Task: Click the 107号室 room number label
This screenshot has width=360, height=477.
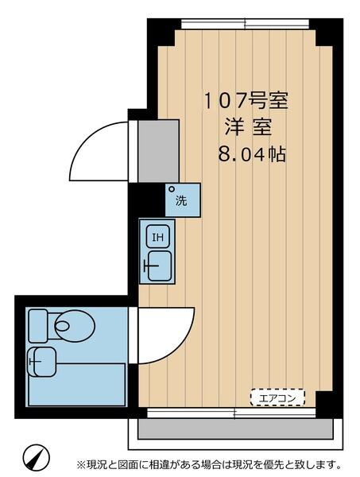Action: click(x=245, y=101)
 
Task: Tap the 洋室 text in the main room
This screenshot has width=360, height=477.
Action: click(x=248, y=127)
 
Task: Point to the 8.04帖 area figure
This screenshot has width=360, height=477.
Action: click(x=252, y=154)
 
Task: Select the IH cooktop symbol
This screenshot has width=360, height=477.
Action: click(x=158, y=236)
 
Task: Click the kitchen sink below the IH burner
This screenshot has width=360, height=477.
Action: click(x=159, y=266)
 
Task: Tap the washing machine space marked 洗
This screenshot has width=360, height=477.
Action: click(x=183, y=200)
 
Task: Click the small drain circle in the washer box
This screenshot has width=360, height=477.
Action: click(x=172, y=189)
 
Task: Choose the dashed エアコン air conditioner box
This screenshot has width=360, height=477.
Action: click(x=277, y=397)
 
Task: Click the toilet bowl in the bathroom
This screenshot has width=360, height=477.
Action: click(x=75, y=326)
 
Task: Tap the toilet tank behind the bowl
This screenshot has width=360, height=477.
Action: click(x=38, y=325)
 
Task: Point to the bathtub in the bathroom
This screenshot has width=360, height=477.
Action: click(x=77, y=385)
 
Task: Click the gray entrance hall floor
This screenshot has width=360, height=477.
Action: click(x=158, y=151)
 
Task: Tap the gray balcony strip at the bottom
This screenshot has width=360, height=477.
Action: click(x=235, y=429)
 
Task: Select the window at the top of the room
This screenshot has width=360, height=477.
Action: click(x=246, y=24)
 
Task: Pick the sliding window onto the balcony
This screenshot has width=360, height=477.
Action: click(x=231, y=413)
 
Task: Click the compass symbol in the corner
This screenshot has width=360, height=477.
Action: click(x=36, y=457)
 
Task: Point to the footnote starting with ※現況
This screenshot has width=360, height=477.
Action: click(x=209, y=464)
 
